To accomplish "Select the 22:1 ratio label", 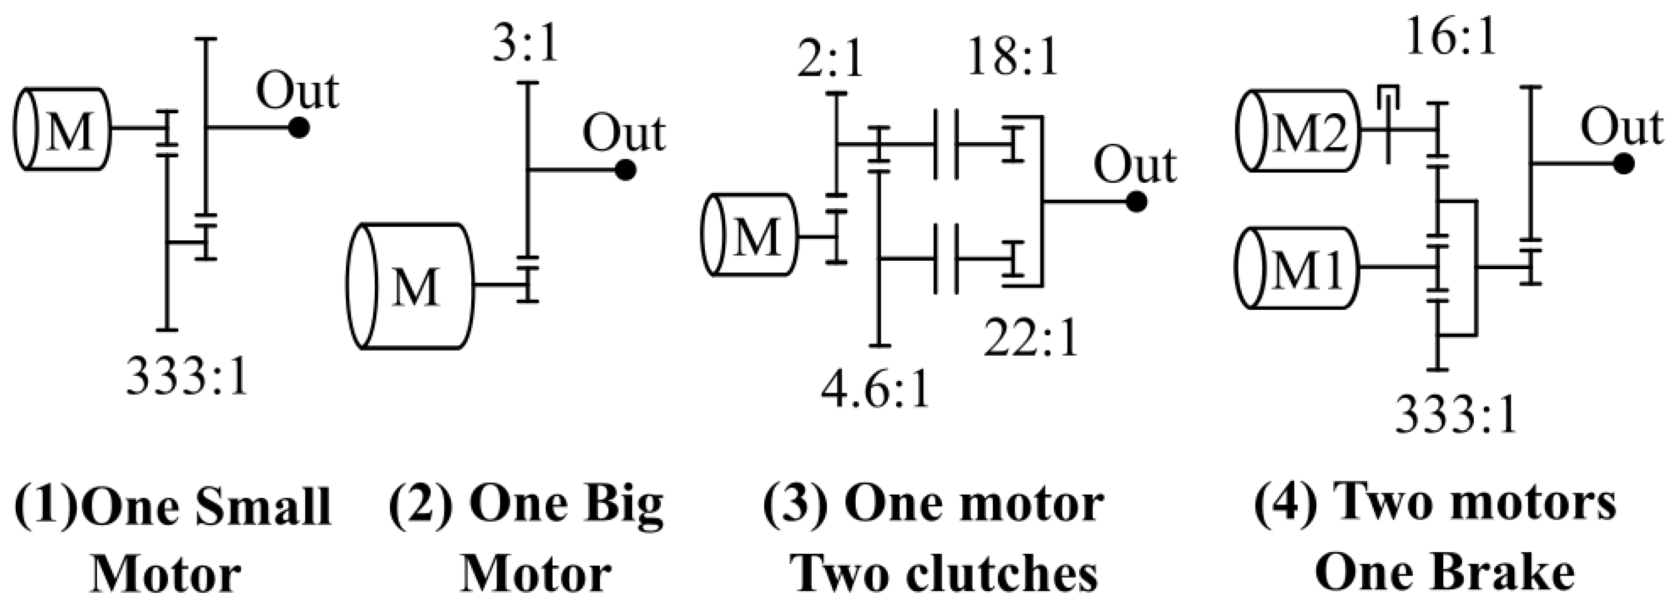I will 1030,337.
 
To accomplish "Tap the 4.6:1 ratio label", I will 874,391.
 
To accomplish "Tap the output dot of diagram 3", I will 1136,202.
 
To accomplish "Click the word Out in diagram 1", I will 297,91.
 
